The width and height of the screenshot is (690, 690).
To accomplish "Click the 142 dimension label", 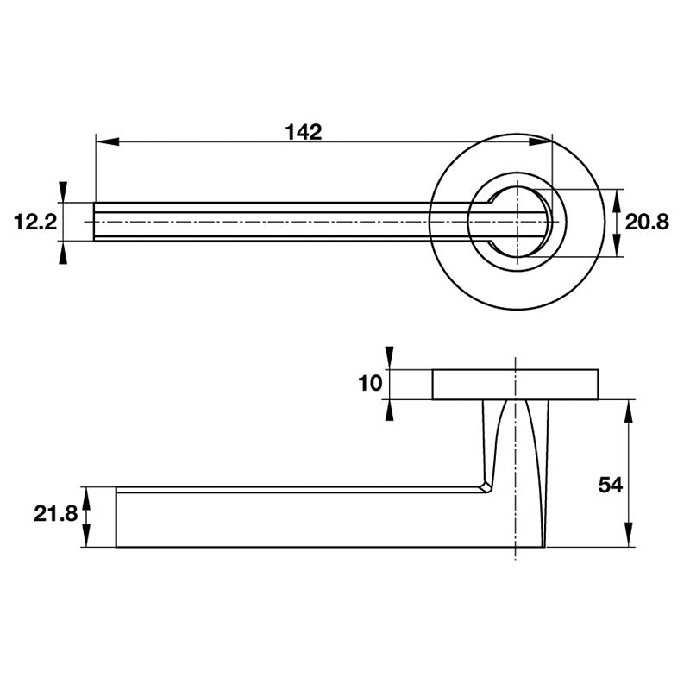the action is pyautogui.click(x=304, y=132).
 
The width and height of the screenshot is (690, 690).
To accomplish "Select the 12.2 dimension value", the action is pyautogui.click(x=35, y=222).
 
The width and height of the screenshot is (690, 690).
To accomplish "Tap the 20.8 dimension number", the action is pyautogui.click(x=647, y=223).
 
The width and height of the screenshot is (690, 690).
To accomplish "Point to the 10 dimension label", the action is pyautogui.click(x=370, y=383).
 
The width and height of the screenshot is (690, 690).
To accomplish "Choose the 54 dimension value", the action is pyautogui.click(x=611, y=485).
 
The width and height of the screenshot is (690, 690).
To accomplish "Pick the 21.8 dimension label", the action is pyautogui.click(x=56, y=513).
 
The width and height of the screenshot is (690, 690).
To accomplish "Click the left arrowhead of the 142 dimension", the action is pyautogui.click(x=107, y=141).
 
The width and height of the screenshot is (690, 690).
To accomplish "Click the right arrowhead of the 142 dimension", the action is pyautogui.click(x=541, y=141).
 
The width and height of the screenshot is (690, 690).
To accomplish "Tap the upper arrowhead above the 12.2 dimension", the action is pyautogui.click(x=63, y=191).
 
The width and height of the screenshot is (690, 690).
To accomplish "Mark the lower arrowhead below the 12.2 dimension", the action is pyautogui.click(x=63, y=253).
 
